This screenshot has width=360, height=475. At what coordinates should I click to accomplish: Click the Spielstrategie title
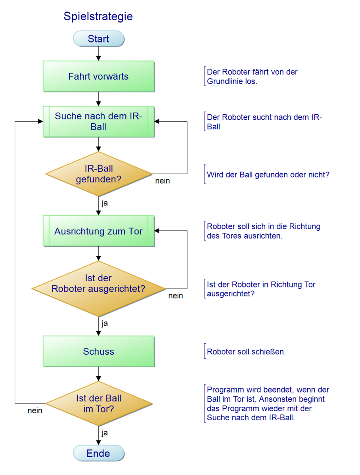pos(98,16)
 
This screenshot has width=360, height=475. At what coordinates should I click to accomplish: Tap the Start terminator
pos(99,39)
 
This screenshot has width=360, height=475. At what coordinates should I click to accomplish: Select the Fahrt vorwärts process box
pos(99,77)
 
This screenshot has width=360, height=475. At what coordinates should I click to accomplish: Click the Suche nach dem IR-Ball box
pos(99,121)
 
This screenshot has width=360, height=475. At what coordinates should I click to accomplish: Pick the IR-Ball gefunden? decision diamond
pos(99,174)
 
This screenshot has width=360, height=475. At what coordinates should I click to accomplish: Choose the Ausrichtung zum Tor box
pos(99,231)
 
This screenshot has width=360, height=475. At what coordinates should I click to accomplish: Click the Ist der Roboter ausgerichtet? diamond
pos(99,289)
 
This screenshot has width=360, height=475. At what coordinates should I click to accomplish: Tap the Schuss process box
pos(99,351)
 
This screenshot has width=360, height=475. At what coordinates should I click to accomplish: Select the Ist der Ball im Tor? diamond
pos(99,404)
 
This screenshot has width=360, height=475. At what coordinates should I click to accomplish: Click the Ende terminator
pos(99,453)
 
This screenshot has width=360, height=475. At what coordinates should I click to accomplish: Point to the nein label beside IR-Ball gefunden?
pos(163,181)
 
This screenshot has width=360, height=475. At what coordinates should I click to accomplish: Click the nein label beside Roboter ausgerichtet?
pos(176,296)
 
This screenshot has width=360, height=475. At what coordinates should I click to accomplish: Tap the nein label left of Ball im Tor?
pos(35,410)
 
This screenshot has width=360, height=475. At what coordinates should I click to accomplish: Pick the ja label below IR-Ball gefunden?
pos(105,203)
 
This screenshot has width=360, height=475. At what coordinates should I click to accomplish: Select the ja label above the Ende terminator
pos(105,433)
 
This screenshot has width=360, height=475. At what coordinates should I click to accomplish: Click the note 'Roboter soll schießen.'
pos(246,352)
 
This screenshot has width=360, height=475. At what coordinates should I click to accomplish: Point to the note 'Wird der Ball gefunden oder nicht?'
pos(268,175)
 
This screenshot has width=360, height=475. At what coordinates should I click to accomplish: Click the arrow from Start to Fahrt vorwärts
pos(98,54)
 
